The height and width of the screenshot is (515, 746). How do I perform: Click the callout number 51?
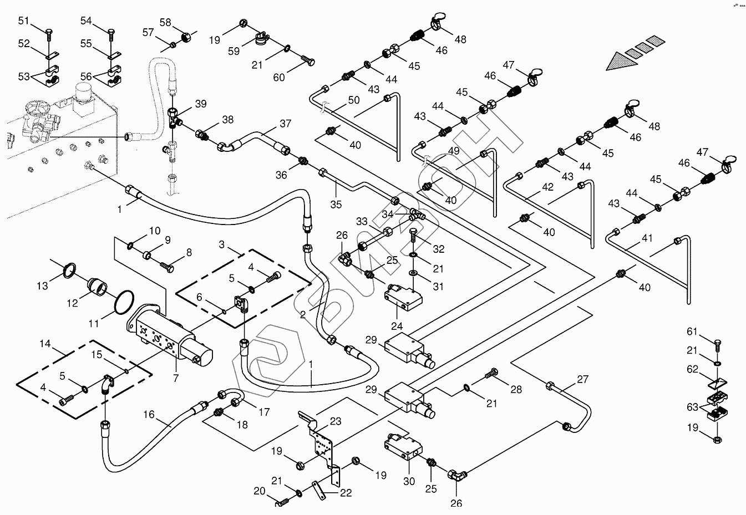click(23, 21)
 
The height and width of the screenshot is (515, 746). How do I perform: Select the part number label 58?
click(166, 22)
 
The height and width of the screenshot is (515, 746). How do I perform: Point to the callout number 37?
click(285, 123)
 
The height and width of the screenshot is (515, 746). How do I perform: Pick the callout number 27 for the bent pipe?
click(582, 379)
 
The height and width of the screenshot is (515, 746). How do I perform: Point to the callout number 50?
click(354, 100)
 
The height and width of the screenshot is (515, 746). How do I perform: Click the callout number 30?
click(409, 482)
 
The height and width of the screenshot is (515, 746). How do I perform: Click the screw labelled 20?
click(283, 503)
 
